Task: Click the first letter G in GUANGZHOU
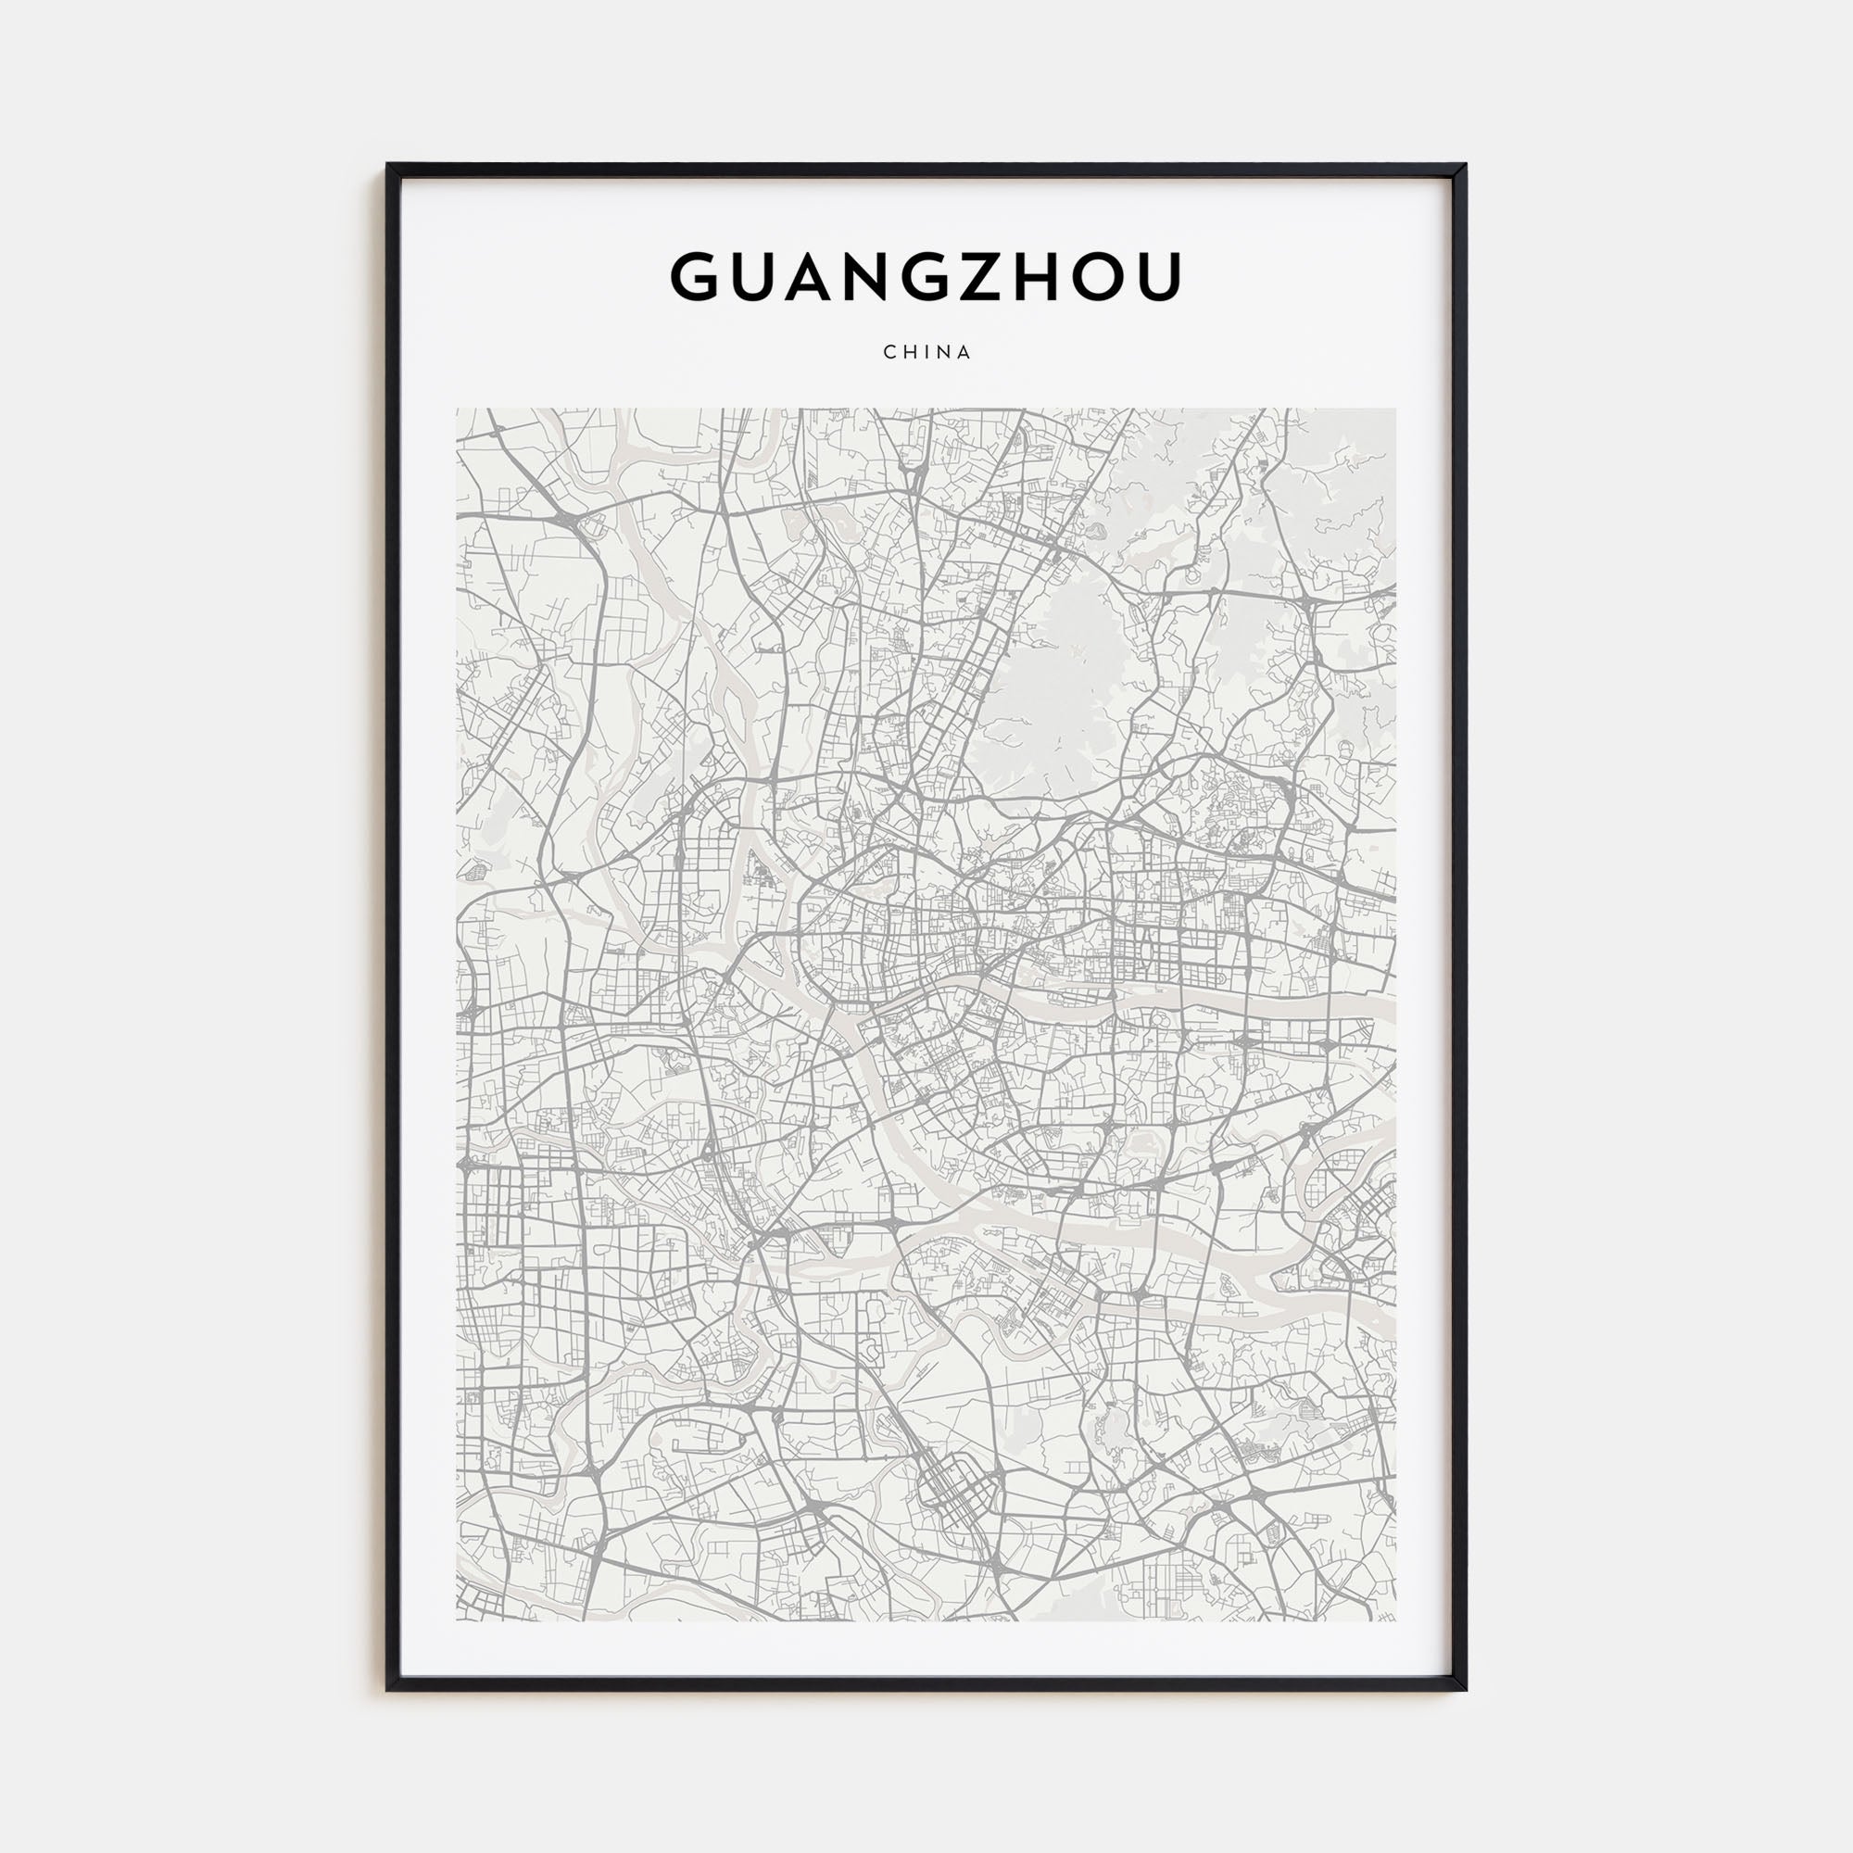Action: coord(697,277)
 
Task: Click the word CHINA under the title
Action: coord(926,352)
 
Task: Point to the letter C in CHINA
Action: coord(889,352)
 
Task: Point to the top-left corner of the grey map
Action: coord(458,410)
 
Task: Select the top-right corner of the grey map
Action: coord(1395,410)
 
